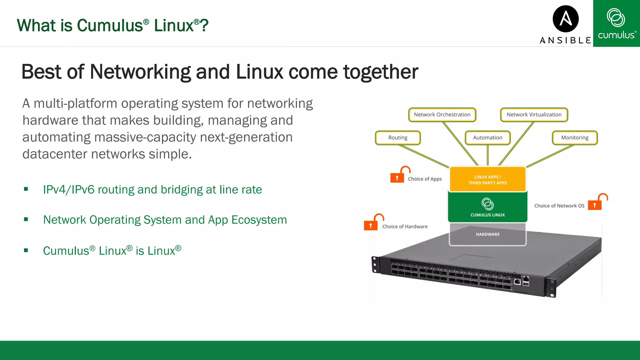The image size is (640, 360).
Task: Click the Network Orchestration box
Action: click(442, 115)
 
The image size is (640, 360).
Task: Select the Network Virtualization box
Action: click(534, 115)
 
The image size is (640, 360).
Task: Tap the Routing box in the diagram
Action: click(397, 138)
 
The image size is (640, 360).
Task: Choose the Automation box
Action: click(487, 138)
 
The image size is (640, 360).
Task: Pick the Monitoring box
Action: click(574, 138)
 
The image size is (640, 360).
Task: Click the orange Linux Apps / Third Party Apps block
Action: click(487, 179)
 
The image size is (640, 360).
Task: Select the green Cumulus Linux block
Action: click(487, 207)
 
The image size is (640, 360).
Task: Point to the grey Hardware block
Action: click(487, 234)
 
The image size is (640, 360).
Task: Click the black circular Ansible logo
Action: click(566, 19)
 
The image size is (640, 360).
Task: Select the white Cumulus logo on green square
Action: click(616, 23)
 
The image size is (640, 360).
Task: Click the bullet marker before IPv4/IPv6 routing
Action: click(26, 189)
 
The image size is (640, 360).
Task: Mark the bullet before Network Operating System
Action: click(26, 219)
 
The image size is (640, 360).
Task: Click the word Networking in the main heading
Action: click(140, 72)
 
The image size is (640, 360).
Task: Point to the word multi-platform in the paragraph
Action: click(75, 104)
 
